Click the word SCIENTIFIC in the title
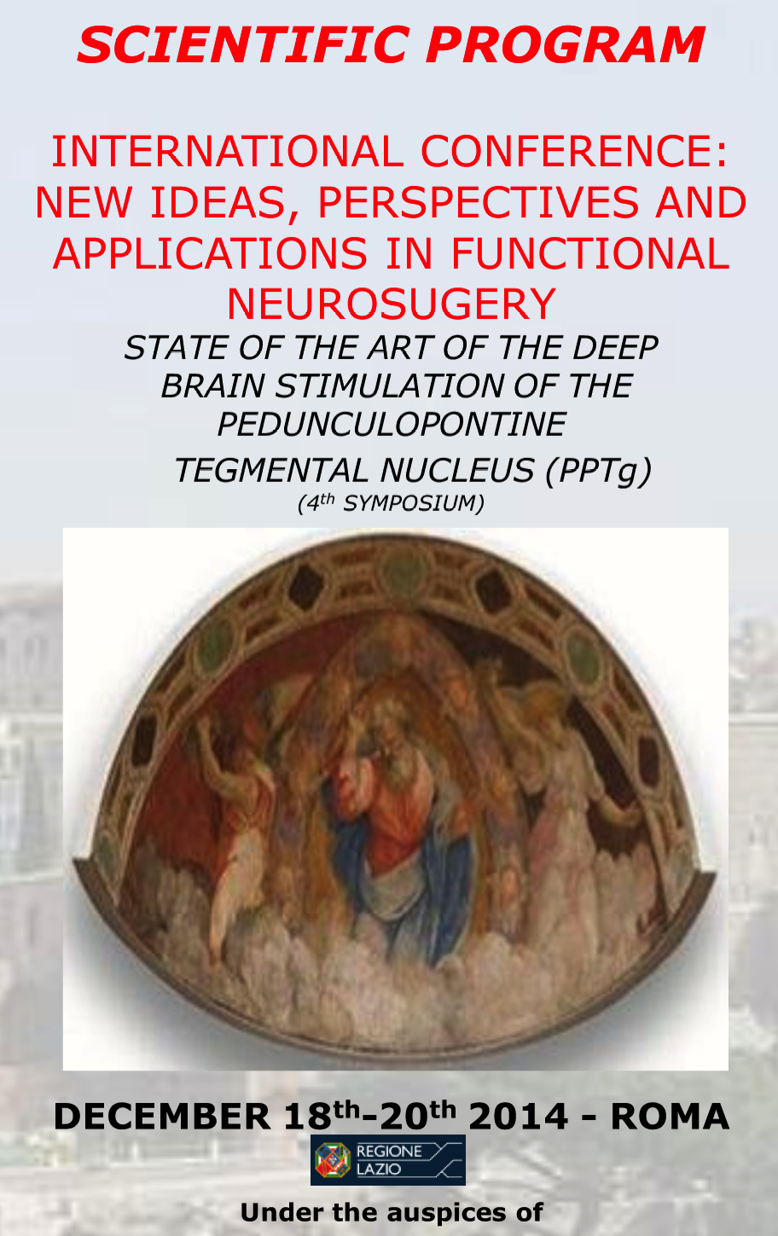244,44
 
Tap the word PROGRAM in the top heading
565,44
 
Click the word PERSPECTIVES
479,202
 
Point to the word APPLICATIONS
210,253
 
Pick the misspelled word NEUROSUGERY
392,304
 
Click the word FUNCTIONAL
590,253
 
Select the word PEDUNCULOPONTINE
392,424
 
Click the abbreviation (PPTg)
598,471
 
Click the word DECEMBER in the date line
162,1117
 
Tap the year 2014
518,1117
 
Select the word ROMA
670,1117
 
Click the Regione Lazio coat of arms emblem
333,1160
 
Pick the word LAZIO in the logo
379,1169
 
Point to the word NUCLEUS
457,470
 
